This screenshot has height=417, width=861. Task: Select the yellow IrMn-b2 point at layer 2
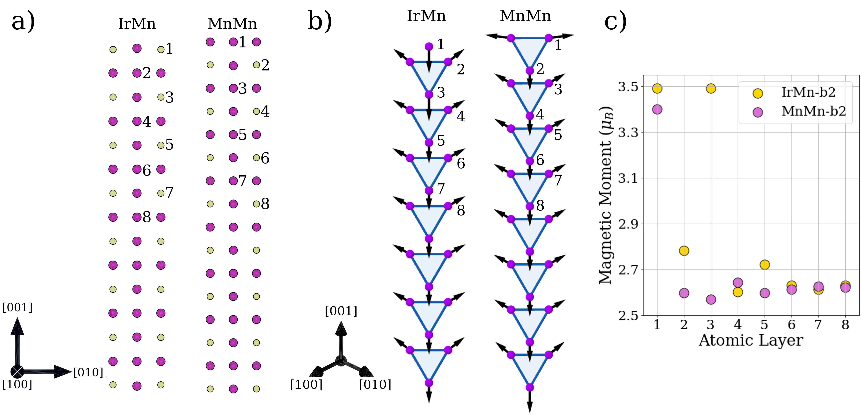[684, 251]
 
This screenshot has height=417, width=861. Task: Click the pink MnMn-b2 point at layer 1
[657, 109]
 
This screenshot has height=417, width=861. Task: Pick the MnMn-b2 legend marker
[758, 112]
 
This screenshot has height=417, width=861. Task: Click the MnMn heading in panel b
[525, 16]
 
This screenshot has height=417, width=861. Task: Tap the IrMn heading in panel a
[137, 24]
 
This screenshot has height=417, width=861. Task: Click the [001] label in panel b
[341, 311]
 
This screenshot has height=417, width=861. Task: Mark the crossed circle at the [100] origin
[17, 372]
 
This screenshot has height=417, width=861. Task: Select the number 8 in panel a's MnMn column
[265, 204]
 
